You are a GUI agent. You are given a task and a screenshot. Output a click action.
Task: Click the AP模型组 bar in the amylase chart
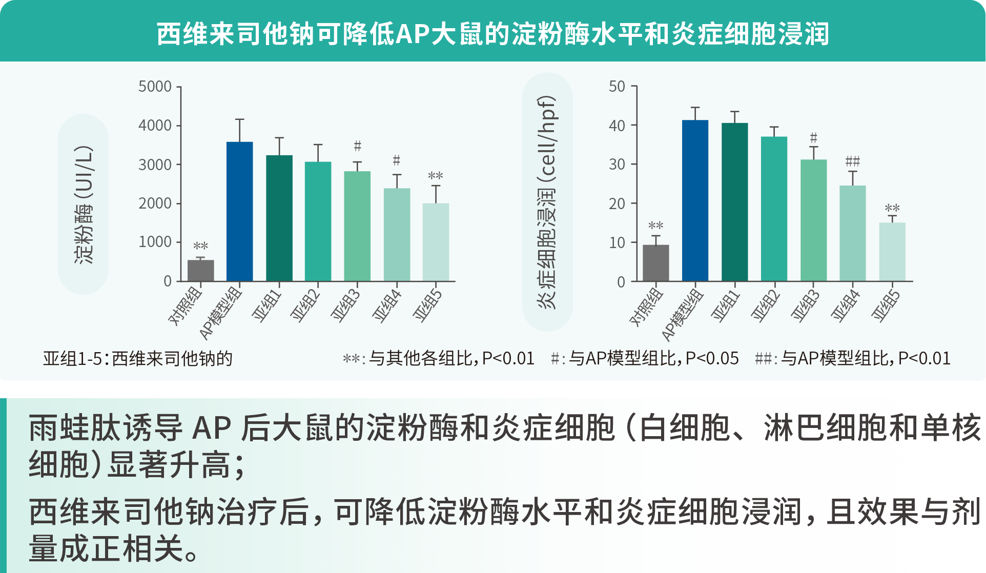tap(239, 211)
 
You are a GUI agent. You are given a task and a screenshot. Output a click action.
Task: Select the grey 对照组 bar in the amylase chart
tap(200, 270)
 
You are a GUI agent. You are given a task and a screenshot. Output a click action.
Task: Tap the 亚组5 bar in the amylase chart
tap(436, 242)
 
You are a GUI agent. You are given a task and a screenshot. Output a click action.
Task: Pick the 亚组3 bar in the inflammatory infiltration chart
tap(813, 220)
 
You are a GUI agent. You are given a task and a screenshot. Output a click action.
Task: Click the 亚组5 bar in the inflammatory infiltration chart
tap(892, 252)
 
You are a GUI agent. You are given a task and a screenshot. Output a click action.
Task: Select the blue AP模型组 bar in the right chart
tap(695, 200)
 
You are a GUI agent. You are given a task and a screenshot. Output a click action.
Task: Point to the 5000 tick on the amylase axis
tap(155, 87)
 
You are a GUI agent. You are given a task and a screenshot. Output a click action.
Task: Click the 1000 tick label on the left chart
tap(155, 242)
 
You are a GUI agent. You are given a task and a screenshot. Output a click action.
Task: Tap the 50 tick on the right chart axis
tap(617, 87)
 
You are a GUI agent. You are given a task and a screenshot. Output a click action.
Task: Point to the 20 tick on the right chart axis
tap(617, 203)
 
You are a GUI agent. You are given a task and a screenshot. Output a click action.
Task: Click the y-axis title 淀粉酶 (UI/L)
tap(84, 204)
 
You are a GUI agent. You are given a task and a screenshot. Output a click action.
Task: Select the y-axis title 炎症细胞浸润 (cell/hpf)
tap(547, 202)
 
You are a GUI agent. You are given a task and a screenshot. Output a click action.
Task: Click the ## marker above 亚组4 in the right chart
tap(852, 162)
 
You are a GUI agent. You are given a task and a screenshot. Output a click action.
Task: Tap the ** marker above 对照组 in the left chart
tap(200, 247)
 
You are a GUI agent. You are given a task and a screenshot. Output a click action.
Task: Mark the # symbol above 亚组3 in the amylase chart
tap(357, 147)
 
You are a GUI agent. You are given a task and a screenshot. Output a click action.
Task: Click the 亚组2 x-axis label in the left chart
tap(305, 305)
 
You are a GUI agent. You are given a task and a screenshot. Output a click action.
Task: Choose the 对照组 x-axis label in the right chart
tap(647, 306)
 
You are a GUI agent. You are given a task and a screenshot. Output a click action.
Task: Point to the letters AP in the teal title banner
tap(413, 34)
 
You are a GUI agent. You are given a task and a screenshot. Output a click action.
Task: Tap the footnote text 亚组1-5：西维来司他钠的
tap(138, 358)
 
